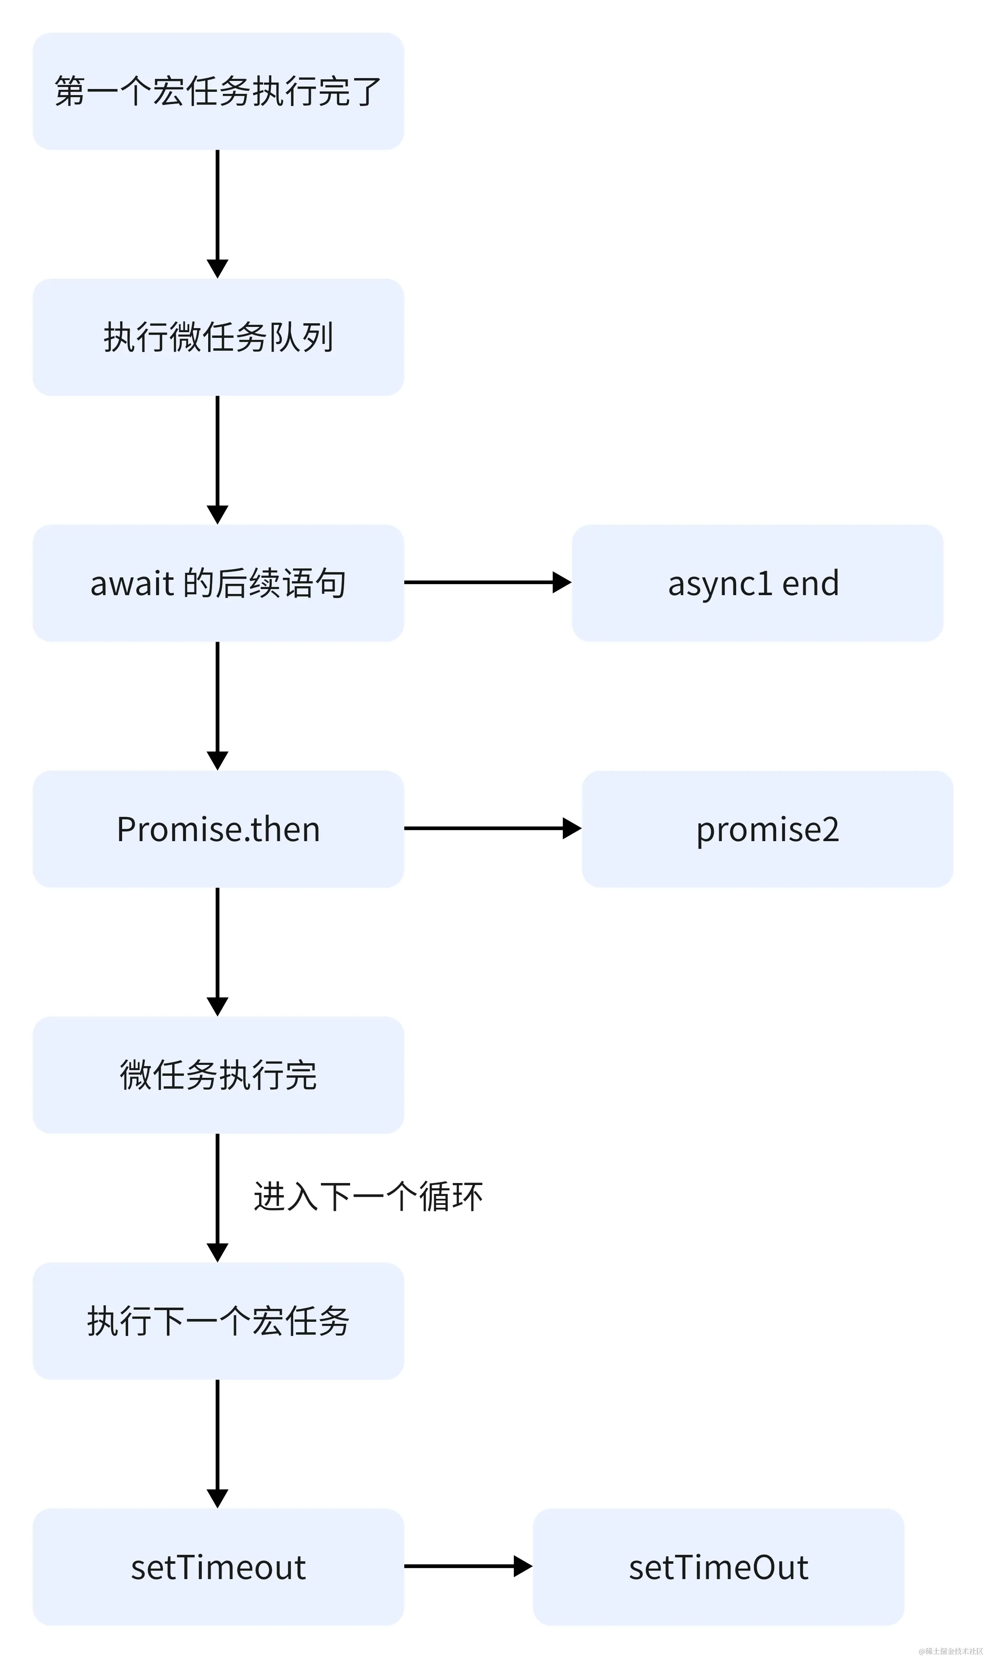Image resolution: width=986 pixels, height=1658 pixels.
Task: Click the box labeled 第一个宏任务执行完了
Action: pos(218,91)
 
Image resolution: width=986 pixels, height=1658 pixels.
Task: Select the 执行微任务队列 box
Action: pos(218,337)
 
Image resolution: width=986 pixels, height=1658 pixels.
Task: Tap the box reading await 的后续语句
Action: pos(218,583)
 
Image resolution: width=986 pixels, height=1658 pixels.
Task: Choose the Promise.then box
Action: pos(218,829)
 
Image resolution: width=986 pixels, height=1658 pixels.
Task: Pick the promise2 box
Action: pos(767,829)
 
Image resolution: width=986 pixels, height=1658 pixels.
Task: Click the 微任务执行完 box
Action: pos(218,1075)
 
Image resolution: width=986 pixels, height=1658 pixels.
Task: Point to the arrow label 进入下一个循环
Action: pos(368,1197)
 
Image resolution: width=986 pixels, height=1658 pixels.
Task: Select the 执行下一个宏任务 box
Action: pos(218,1321)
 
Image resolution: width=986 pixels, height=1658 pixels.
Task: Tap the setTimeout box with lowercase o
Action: pos(218,1567)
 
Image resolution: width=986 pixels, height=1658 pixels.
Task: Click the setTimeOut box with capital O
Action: pos(718,1567)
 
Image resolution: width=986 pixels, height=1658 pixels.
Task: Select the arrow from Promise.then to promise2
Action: pos(492,828)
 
